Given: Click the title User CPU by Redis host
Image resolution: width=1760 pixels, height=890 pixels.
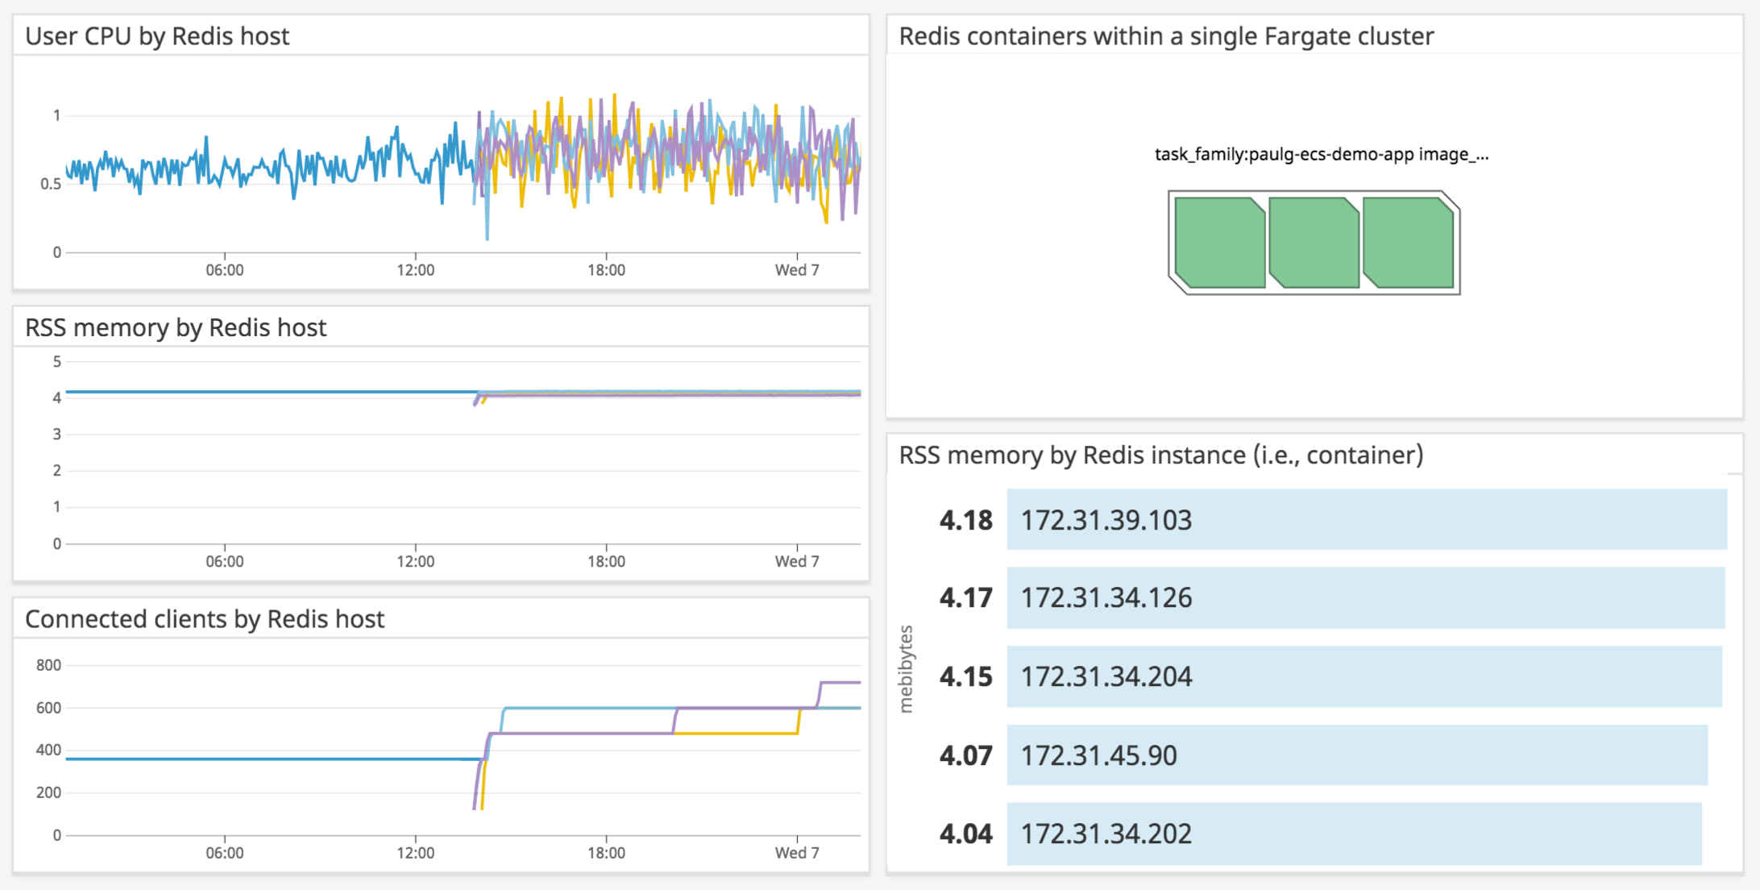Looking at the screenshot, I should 157,36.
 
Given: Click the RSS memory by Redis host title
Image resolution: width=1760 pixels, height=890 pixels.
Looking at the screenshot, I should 176,328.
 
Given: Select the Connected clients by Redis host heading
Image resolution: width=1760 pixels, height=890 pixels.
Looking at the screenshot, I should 205,619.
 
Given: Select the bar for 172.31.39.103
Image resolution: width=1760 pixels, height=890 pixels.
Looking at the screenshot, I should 1366,520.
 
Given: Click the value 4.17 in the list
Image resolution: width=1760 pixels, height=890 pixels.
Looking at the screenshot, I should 965,598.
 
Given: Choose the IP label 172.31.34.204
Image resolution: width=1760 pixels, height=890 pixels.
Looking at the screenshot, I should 1106,676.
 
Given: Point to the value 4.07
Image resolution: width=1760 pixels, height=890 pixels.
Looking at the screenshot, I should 965,756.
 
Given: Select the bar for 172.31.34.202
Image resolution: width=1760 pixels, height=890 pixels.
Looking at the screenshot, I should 1354,834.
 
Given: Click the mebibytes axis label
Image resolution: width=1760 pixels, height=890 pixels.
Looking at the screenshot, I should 907,669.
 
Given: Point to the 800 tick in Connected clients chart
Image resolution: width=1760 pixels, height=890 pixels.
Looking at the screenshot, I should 48,665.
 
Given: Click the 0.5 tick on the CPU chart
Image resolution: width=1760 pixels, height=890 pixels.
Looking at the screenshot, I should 50,184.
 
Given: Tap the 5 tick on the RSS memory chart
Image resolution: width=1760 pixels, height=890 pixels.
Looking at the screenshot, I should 56,362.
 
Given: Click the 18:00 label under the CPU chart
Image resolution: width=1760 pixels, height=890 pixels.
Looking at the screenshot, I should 606,270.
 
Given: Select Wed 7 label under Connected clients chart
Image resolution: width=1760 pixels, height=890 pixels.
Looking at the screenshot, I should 796,853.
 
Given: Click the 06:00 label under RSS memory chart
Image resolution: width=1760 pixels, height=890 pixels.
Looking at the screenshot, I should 224,562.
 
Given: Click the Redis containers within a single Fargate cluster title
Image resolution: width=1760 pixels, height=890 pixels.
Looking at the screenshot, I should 1166,36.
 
